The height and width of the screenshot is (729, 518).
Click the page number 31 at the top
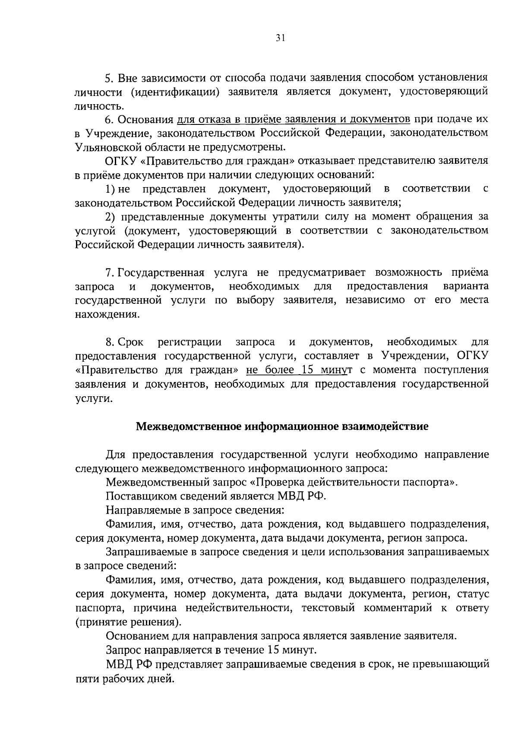(280, 38)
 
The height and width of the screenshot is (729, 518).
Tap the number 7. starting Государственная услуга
(110, 273)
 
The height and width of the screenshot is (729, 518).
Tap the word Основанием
(139, 636)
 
